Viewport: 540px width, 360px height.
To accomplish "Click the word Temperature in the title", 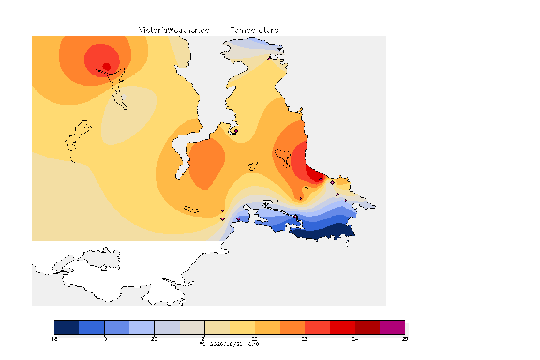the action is (x=254, y=30).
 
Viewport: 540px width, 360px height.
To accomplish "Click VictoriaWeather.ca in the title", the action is (x=174, y=30).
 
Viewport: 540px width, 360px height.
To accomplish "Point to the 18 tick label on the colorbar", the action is (x=54, y=339).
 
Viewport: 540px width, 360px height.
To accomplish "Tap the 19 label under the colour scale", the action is (x=104, y=339).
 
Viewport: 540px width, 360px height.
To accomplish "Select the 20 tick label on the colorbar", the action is (x=154, y=339).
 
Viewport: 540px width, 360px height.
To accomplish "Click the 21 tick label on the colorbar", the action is (x=204, y=339).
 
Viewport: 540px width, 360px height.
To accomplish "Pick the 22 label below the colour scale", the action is (x=255, y=339).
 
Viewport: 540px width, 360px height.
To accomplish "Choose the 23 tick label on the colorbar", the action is (x=305, y=339).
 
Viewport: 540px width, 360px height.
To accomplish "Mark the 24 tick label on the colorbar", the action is (x=355, y=339).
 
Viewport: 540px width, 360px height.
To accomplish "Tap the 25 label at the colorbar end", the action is (x=405, y=339).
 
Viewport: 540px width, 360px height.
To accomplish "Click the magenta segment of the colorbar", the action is (x=393, y=327).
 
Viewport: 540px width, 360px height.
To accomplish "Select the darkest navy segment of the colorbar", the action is (x=67, y=327).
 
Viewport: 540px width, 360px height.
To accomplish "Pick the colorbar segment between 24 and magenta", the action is (x=367, y=327).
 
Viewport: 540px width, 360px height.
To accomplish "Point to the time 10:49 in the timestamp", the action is (x=252, y=344).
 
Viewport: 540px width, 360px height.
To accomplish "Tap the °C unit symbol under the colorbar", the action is (x=203, y=344).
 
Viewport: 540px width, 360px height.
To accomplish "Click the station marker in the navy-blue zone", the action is (x=341, y=231).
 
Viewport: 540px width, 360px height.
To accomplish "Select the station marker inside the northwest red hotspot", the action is (x=108, y=68).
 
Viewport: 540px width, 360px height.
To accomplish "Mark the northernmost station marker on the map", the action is (x=270, y=59).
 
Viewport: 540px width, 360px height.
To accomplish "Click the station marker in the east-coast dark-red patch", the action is (x=321, y=180).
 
